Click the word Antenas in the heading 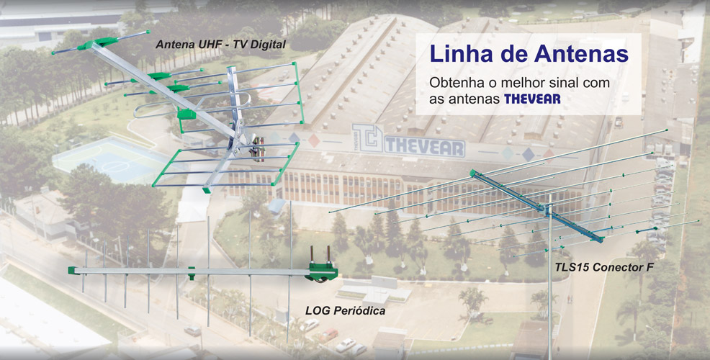point(581,53)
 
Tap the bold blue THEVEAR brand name point(532,99)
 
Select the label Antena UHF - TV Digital point(220,45)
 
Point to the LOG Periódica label point(346,310)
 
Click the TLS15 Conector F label point(604,266)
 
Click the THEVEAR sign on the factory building point(425,148)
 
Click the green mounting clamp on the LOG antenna point(321,270)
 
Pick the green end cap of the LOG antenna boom point(71,270)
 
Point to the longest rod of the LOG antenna point(289,271)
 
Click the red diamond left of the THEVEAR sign point(314,141)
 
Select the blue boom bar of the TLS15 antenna point(536,206)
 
